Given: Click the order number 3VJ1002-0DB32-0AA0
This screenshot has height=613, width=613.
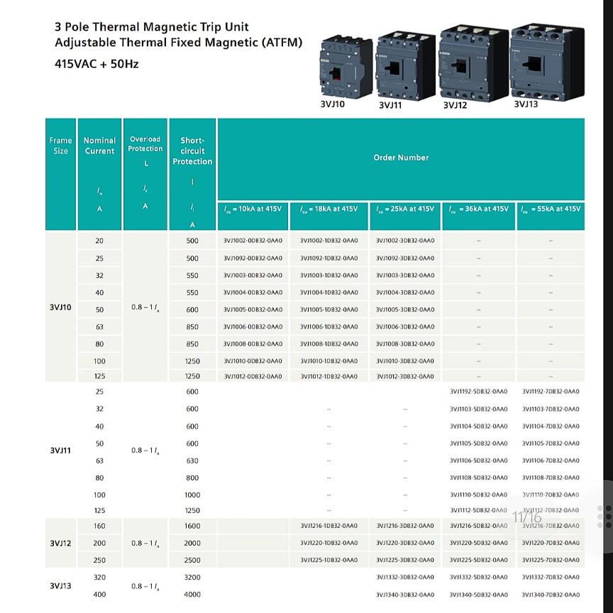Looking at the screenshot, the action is [253, 241].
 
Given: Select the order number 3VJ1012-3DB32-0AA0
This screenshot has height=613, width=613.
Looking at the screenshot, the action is [404, 376].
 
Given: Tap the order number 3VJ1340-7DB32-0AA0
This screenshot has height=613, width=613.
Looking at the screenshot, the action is [551, 595].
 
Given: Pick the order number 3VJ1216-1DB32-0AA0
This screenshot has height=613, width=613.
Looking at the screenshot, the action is [328, 526].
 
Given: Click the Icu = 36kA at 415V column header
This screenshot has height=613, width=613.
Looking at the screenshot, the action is [478, 209].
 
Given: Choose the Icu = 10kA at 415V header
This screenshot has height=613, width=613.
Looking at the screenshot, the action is [253, 209].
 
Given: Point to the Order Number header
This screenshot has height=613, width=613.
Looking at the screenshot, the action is [401, 158].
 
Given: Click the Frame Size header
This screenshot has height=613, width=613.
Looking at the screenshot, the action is [61, 145].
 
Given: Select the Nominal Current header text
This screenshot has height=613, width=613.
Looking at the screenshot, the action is [99, 145].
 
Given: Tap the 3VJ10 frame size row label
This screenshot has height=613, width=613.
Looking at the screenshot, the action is [61, 307].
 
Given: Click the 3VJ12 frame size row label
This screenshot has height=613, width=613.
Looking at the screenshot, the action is [61, 543].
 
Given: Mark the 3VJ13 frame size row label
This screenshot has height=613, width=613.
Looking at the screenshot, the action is [61, 586].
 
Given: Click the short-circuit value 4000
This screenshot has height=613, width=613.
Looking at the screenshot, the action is [192, 595].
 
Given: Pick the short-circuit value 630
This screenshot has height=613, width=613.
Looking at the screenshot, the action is [192, 460].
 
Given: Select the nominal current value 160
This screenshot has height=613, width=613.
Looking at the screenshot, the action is [99, 526].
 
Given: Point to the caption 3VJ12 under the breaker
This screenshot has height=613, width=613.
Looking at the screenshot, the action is [455, 106].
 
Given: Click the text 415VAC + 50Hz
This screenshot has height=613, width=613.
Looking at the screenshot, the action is [96, 64].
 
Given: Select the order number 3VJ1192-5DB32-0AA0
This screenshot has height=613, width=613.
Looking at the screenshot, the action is [478, 392].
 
